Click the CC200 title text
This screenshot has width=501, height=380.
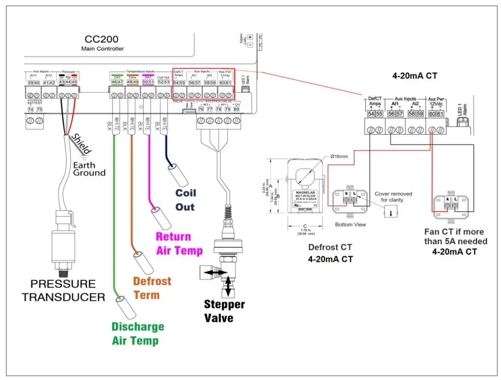pyautogui.click(x=103, y=40)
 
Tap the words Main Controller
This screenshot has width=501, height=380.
pyautogui.click(x=103, y=49)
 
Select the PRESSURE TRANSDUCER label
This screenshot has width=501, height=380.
pyautogui.click(x=63, y=290)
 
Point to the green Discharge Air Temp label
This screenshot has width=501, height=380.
pyautogui.click(x=138, y=333)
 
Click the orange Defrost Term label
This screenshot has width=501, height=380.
pyautogui.click(x=152, y=288)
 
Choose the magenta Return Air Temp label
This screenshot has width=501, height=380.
pyautogui.click(x=179, y=244)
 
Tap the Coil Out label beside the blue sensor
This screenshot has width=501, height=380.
pyautogui.click(x=185, y=200)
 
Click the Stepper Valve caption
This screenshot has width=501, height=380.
pyautogui.click(x=225, y=311)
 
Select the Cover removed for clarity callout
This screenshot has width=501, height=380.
pyautogui.click(x=393, y=197)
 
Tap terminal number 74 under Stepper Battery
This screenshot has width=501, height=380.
pyautogui.click(x=31, y=109)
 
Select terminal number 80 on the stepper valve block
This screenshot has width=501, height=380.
pyautogui.click(x=236, y=109)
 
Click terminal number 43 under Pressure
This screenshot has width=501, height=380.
pyautogui.click(x=62, y=82)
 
